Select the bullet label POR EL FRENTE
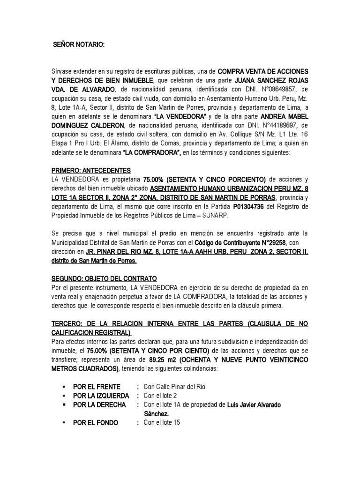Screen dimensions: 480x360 (97, 387)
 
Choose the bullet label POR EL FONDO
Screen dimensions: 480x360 (96, 423)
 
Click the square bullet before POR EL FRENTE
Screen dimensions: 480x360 (62, 387)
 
